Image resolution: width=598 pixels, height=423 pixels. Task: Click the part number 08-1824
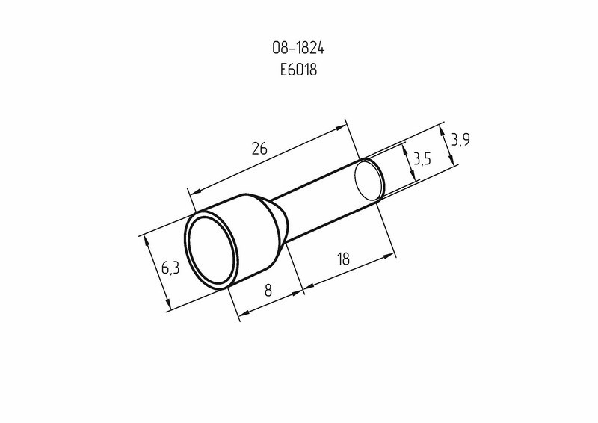(298, 49)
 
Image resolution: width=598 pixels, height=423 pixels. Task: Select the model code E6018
(298, 70)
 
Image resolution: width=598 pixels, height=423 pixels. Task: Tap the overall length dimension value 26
(259, 148)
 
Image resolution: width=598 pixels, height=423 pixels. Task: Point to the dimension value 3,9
(460, 140)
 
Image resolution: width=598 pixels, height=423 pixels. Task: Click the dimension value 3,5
(422, 158)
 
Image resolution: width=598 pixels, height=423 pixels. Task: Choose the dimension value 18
(343, 259)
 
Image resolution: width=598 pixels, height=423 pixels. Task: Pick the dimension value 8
(268, 290)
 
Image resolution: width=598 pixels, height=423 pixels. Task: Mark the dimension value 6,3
(170, 268)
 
